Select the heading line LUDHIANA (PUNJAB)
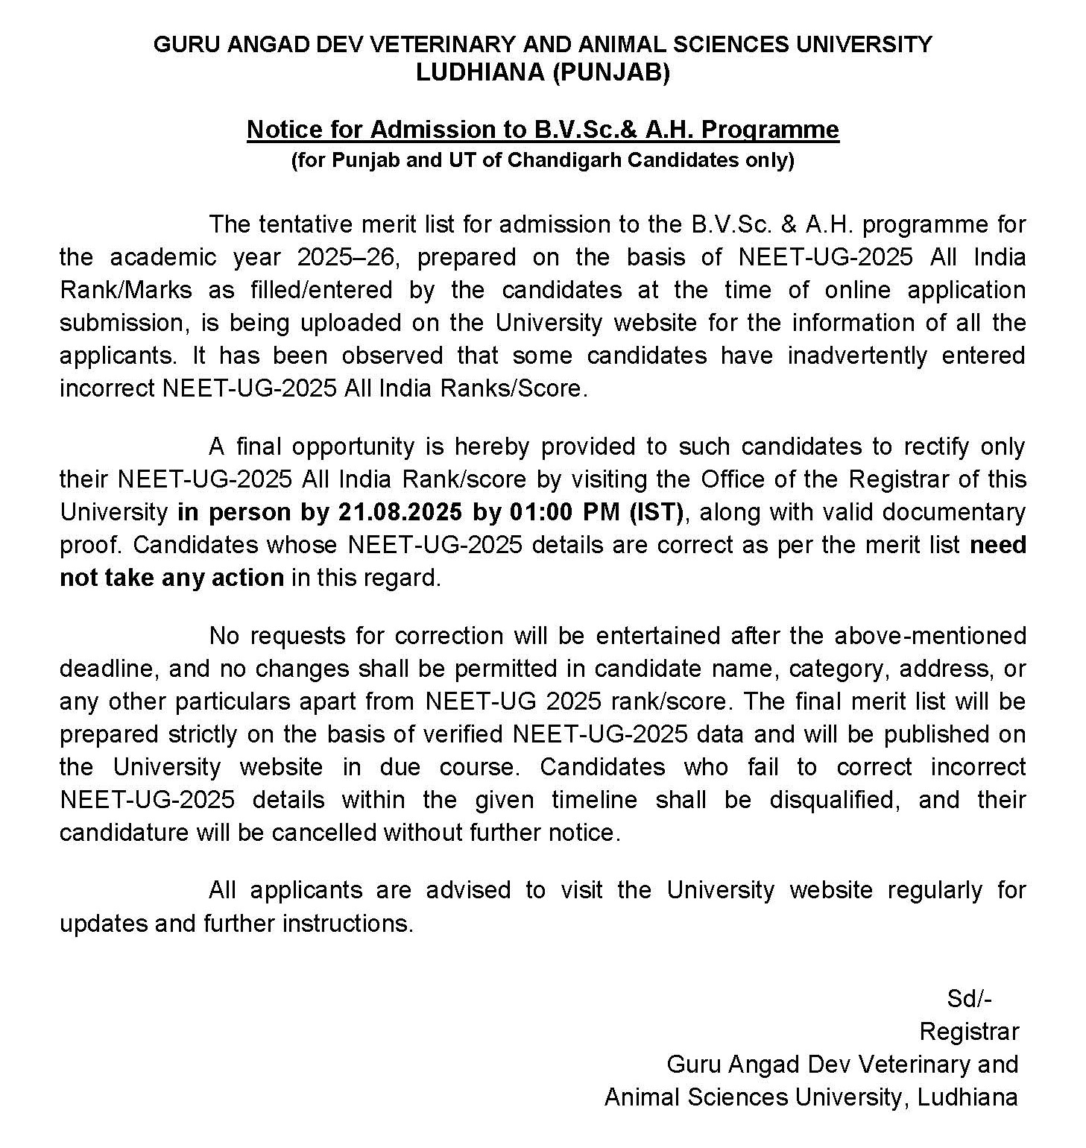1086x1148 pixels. coord(543,73)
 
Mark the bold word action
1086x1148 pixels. coord(248,578)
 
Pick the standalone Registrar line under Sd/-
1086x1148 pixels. coord(969,1032)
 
